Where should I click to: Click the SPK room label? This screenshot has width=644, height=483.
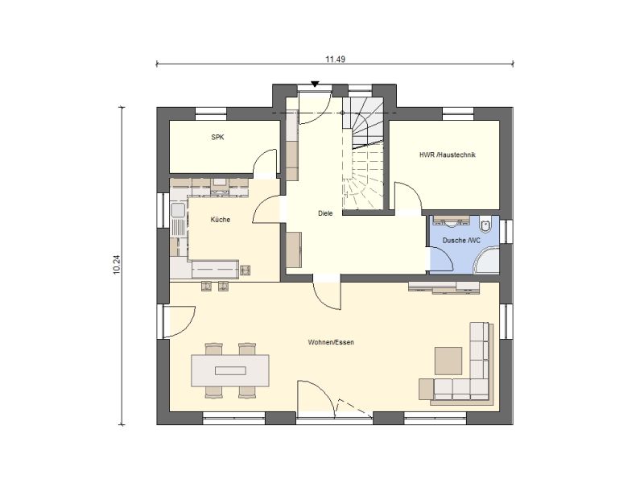pos(217,138)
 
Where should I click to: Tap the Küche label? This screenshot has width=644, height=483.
pos(221,220)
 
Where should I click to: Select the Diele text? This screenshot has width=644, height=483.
pos(325,213)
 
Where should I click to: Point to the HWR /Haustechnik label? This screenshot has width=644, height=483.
pos(448,155)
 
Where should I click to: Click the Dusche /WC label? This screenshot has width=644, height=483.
pos(461,240)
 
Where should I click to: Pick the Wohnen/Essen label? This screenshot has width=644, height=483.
pos(331,342)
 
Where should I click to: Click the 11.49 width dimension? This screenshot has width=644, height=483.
pos(335,59)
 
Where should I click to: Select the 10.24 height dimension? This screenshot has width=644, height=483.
pos(116,265)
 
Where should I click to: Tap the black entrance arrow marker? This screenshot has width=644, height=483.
pos(315,85)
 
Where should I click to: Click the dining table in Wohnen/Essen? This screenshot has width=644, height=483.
pos(230,370)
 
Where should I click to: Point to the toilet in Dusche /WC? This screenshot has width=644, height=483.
pos(486,225)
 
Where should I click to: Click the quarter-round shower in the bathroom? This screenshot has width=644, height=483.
pos(487,260)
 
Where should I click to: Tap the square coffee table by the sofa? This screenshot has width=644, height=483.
pos(448,361)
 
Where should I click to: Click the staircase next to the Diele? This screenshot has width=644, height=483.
pos(363,154)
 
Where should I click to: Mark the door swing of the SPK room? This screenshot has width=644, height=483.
pos(265,163)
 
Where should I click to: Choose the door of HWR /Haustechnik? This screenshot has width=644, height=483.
pos(408,197)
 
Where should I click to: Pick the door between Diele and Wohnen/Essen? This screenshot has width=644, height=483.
pos(327,295)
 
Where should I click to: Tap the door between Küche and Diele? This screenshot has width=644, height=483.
pos(266,209)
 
